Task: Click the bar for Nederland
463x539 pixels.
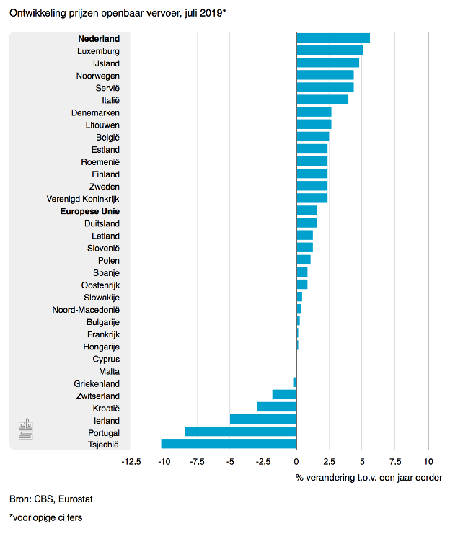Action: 333,38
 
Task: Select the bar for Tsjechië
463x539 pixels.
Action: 229,444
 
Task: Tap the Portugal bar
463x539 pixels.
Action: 241,432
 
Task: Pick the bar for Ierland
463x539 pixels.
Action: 263,419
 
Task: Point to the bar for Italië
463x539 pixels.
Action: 322,99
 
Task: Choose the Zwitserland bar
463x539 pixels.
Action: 284,395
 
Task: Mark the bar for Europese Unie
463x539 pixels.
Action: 307,210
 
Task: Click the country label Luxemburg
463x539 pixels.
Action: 98,51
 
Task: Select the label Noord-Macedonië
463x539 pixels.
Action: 86,310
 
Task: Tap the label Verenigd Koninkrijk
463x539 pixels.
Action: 83,199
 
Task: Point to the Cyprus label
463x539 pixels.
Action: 106,359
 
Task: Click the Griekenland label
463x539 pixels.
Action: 97,383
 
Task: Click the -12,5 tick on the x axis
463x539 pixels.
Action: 131,461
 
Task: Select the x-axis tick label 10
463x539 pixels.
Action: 428,461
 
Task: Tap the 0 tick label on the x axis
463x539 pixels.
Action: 296,461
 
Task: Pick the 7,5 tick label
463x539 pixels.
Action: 395,461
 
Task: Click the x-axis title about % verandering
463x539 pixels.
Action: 369,477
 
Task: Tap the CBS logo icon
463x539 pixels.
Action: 25,430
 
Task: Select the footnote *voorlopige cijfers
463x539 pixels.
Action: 47,517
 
